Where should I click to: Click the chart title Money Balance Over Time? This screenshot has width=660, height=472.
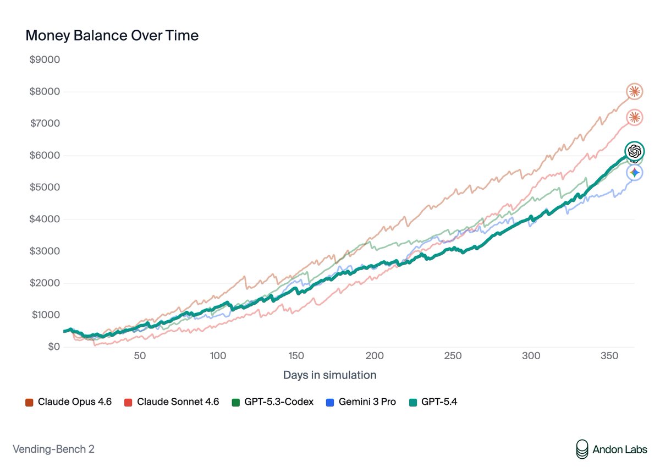click(x=112, y=36)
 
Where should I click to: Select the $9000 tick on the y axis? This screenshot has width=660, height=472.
click(x=45, y=59)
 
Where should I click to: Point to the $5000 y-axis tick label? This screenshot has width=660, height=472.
click(x=45, y=187)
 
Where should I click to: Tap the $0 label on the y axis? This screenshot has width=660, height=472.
click(x=53, y=347)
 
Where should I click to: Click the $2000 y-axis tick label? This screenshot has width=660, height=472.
click(x=45, y=283)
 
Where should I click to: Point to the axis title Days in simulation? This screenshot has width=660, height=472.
click(x=329, y=375)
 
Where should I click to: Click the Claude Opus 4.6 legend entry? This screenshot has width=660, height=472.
click(x=69, y=402)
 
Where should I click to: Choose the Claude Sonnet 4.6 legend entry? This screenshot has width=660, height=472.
click(x=172, y=402)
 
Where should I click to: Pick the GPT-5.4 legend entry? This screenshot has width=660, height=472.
click(x=433, y=402)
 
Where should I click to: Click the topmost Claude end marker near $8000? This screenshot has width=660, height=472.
click(x=635, y=91)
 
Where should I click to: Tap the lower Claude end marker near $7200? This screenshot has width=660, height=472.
click(x=635, y=117)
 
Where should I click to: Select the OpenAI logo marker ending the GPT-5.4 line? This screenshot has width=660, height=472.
click(x=634, y=151)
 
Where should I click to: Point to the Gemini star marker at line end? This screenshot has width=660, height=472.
click(x=635, y=173)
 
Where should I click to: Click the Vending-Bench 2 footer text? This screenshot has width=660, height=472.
click(x=53, y=449)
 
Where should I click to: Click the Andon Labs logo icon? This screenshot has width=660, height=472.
click(x=581, y=449)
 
